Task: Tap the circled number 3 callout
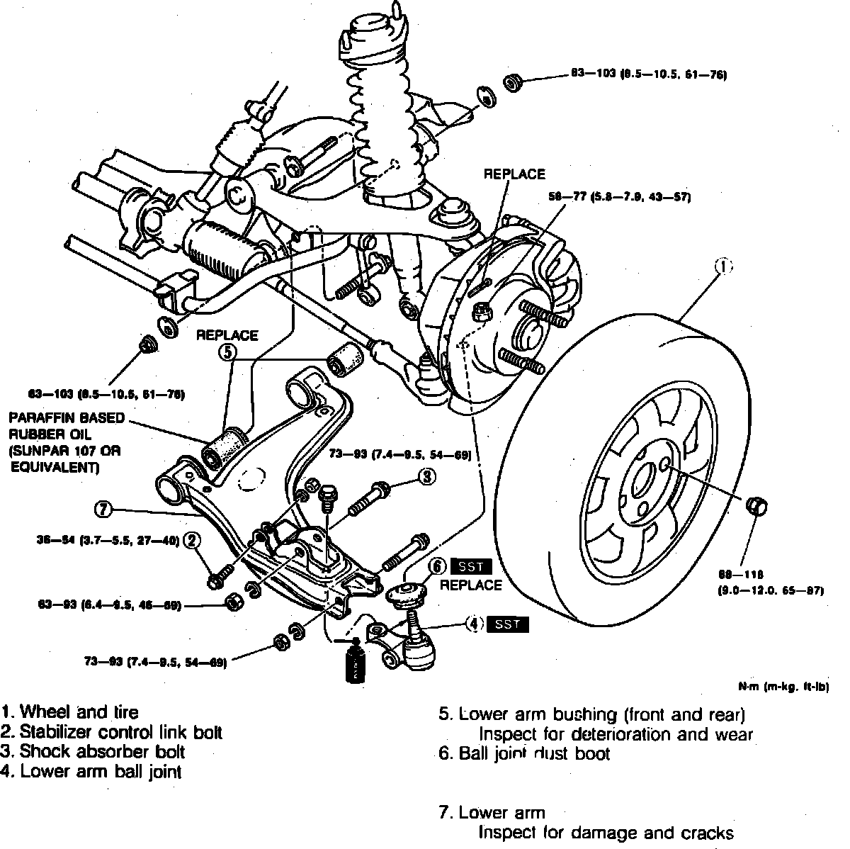[x=426, y=477]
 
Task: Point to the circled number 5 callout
[x=227, y=352]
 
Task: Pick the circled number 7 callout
[x=103, y=508]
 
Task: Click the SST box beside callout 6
[x=470, y=566]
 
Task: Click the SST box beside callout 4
[x=509, y=624]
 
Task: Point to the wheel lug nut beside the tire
[x=757, y=505]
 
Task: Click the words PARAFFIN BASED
[x=56, y=417]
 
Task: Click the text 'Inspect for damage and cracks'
[x=606, y=833]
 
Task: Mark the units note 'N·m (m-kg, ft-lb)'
[x=783, y=687]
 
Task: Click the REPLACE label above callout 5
[x=227, y=335]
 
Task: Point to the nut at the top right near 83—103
[x=512, y=82]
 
